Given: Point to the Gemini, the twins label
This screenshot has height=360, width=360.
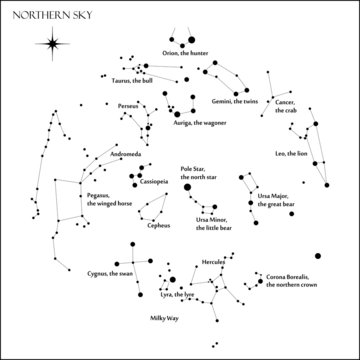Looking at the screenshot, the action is [235, 101].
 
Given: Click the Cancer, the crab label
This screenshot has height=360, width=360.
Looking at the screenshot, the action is [284, 105].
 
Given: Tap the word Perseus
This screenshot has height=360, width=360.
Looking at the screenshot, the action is [128, 105].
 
